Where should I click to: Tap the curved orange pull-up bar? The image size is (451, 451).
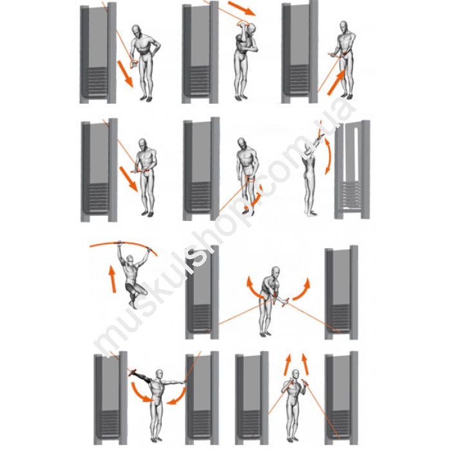pos(124,244)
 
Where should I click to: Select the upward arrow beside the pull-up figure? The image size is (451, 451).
pos(112,279)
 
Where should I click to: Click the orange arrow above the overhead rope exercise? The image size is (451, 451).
pos(242,8)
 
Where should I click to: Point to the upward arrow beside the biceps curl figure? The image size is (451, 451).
pos(336,83)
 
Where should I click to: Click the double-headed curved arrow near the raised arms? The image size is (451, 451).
pos(328,156)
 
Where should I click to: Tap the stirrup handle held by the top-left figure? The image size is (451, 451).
pos(134,64)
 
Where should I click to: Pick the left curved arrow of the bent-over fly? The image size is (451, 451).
pos(253,287)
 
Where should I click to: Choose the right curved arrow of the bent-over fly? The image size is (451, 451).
pos(302,289)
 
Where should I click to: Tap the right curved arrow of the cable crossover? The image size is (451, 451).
pos(177,396)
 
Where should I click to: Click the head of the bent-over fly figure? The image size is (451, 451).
pos(276,271)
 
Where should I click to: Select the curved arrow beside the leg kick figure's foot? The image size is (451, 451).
pos(254,198)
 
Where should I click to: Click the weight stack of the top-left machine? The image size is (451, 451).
pos(98,81)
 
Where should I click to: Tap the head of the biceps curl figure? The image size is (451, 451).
pos(343,26)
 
